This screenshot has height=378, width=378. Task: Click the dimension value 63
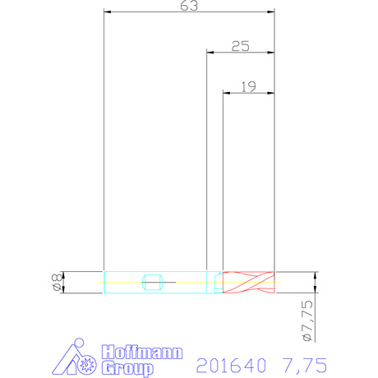(189, 6)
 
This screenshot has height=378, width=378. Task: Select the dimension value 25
(241, 46)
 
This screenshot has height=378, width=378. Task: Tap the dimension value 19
(248, 87)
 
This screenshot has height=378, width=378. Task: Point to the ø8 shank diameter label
(57, 283)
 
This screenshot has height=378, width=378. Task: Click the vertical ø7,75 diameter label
(307, 320)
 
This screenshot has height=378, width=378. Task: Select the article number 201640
(231, 365)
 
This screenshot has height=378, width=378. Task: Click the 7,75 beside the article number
(305, 365)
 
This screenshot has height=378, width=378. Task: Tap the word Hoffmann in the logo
(142, 353)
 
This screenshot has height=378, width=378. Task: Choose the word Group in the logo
(127, 368)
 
